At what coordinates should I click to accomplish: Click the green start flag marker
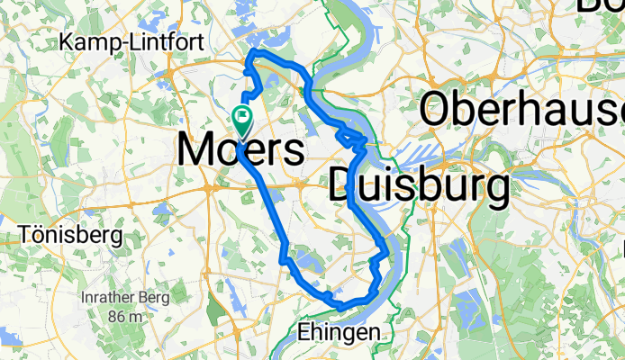(x=242, y=116)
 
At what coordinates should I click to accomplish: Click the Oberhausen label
(x=522, y=109)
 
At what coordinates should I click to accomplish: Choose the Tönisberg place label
(x=70, y=236)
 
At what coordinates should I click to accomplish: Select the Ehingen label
(x=338, y=333)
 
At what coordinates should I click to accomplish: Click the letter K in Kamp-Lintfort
(x=66, y=42)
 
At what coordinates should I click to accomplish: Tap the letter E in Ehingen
(x=303, y=332)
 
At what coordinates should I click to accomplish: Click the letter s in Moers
(x=292, y=150)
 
